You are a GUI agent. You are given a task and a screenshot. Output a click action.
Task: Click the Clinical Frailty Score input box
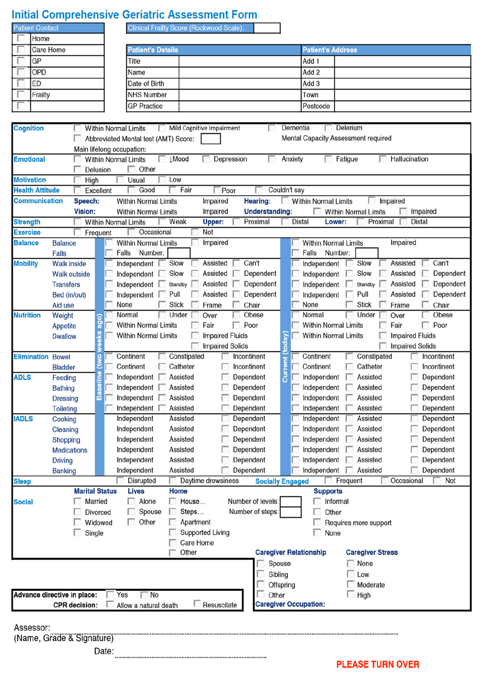pos(266,28)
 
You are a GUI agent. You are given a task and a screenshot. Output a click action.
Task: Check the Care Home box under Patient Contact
pos(21,50)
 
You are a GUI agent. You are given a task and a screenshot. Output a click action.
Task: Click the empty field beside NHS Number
pos(240,95)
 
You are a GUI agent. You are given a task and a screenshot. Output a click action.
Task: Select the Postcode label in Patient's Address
pos(316,106)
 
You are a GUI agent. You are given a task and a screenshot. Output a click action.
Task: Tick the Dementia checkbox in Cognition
pos(272,128)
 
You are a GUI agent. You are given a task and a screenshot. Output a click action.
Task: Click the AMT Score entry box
pos(211,139)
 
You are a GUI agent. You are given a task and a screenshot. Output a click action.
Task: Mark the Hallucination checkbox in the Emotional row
pos(382,159)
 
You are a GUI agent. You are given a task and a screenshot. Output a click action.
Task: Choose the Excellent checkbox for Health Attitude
pos(77,190)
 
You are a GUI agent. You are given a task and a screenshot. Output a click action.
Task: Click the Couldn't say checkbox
pos(259,190)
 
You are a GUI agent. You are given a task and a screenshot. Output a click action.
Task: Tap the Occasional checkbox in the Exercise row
pos(131,232)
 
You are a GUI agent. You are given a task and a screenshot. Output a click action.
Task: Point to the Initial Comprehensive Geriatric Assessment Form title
pos(134,14)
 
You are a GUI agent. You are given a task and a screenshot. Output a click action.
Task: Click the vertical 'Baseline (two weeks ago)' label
pos(100,356)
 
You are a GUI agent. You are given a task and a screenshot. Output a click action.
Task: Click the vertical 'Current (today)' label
pos(285,356)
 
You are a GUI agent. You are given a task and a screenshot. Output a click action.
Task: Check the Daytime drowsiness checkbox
pos(172,480)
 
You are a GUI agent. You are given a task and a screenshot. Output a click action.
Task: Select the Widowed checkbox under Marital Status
pos(77,522)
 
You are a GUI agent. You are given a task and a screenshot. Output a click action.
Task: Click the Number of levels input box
pos(291,501)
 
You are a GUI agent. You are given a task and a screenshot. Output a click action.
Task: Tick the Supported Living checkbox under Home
pos(172,532)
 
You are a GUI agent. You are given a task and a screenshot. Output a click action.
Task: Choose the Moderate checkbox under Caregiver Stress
pos(351,584)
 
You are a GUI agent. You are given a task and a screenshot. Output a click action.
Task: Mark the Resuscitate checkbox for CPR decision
pos(197,604)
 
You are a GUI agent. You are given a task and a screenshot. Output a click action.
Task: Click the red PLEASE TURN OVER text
pos(377,665)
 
